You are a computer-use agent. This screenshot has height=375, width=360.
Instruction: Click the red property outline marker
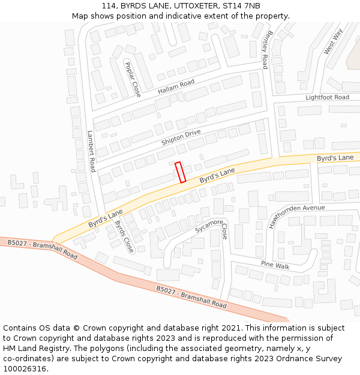pos(180,172)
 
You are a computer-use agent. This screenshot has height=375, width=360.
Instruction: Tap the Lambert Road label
pos(92,151)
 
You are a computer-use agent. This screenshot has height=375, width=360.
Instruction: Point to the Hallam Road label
pos(176,87)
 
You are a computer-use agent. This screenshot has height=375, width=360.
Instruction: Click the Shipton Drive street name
pos(181,137)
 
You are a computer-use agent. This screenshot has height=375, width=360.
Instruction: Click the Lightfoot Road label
pos(327,97)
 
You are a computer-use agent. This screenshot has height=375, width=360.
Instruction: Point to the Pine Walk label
pos(275,265)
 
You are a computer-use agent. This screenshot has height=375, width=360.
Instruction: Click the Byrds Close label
pos(124,236)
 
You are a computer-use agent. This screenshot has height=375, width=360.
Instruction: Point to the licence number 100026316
pos(26,369)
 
